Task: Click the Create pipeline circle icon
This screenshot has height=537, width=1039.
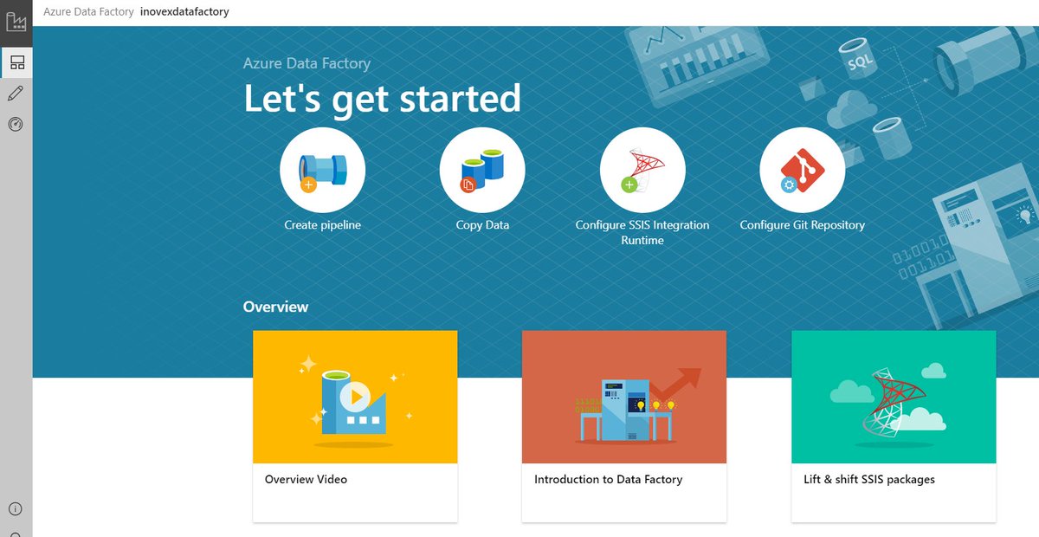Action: pyautogui.click(x=322, y=171)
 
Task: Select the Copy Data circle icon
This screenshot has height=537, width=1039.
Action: pyautogui.click(x=482, y=171)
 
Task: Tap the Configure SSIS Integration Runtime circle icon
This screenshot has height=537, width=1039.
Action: pyautogui.click(x=642, y=171)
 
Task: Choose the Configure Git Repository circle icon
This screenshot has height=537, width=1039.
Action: pyautogui.click(x=803, y=171)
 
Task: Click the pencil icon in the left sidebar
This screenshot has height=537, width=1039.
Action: pyautogui.click(x=16, y=94)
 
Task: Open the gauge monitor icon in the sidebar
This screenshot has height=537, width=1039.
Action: pyautogui.click(x=16, y=125)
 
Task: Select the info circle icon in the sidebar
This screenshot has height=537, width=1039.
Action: pyautogui.click(x=16, y=509)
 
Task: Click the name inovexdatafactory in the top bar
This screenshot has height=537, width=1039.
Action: pyautogui.click(x=184, y=12)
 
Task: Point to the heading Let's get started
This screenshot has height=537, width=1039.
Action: pyautogui.click(x=382, y=99)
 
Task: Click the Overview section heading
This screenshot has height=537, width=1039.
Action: pyautogui.click(x=275, y=307)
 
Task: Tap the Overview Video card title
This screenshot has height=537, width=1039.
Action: pyautogui.click(x=306, y=479)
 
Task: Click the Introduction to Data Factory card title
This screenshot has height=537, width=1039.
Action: pyautogui.click(x=608, y=479)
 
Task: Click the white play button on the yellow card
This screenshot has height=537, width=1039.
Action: pyautogui.click(x=353, y=397)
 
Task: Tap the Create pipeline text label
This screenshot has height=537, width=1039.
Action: pyautogui.click(x=322, y=225)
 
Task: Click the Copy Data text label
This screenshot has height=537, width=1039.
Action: pyautogui.click(x=482, y=225)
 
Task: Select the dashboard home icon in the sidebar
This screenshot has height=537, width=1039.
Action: pyautogui.click(x=16, y=61)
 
